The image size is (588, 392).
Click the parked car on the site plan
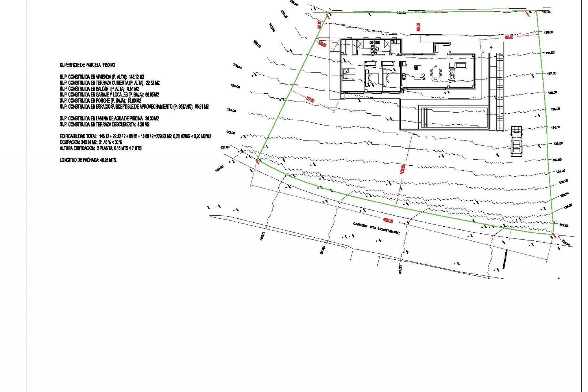[516, 141]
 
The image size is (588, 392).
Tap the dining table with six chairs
[435, 73]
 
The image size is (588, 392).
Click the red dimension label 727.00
[310, 100]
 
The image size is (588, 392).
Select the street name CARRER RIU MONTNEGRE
[376, 228]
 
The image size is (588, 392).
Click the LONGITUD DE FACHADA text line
[88, 160]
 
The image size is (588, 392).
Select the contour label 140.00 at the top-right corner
[547, 12]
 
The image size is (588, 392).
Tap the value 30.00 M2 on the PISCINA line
[152, 119]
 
